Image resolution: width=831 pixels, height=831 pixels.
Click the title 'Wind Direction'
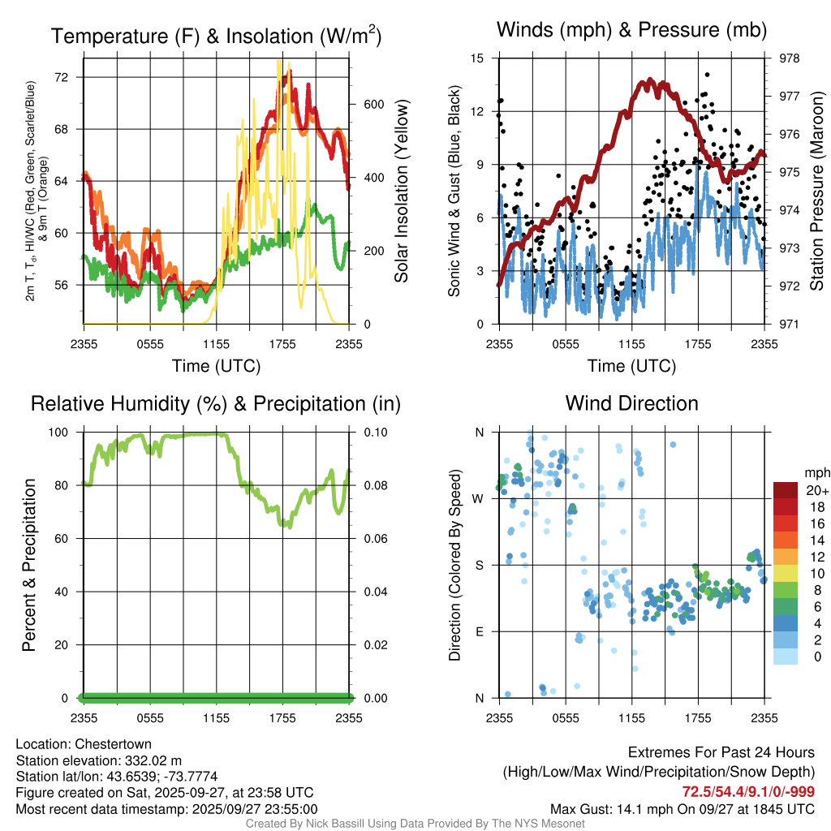pyautogui.click(x=631, y=403)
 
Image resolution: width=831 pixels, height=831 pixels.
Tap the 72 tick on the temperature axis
pyautogui.click(x=69, y=77)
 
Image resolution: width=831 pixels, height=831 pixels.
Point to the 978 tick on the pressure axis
pyautogui.click(x=788, y=58)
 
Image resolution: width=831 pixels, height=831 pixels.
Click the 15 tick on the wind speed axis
pyautogui.click(x=478, y=58)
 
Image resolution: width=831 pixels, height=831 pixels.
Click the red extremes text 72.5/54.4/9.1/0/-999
pyautogui.click(x=748, y=792)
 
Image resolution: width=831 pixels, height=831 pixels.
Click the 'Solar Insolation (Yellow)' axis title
pyautogui.click(x=402, y=192)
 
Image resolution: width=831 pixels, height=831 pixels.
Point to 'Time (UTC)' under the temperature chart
pyautogui.click(x=216, y=366)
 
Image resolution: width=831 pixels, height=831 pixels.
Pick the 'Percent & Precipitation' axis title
pyautogui.click(x=29, y=565)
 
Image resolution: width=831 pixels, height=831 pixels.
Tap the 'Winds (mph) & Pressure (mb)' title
pyautogui.click(x=631, y=30)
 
